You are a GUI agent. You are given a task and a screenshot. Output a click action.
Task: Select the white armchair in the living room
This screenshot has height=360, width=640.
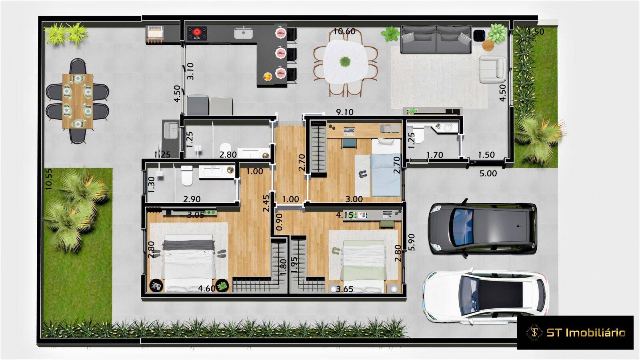point(492,69)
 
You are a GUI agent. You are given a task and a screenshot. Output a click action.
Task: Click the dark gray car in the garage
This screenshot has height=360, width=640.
point(482,229)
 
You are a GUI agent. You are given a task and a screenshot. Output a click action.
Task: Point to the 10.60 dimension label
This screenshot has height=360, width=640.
point(344,31)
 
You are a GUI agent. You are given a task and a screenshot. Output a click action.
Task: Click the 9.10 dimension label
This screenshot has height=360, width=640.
point(344,112)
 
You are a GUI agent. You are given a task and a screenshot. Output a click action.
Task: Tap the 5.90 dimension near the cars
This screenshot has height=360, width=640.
point(412,242)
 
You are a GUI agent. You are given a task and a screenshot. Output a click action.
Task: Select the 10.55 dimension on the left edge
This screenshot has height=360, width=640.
point(48,179)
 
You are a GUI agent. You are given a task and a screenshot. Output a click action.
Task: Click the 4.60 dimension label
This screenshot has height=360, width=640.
point(207,288)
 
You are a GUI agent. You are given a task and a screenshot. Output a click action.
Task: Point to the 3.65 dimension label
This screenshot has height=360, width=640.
point(344,289)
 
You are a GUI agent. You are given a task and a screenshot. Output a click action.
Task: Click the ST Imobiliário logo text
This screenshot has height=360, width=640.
point(586,332)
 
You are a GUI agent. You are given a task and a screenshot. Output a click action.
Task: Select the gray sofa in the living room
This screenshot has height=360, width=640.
point(436,39)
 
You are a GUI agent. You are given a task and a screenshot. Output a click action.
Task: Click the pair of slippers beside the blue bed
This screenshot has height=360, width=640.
point(362,174)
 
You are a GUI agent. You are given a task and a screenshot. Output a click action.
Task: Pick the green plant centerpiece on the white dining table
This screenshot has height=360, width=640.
point(345,62)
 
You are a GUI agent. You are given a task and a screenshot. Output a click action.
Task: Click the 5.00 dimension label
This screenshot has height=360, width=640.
point(488,174)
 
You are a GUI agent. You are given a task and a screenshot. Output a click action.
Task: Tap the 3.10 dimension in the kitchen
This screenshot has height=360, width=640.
point(190,71)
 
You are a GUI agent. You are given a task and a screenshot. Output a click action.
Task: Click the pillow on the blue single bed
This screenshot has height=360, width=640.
point(386,142)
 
